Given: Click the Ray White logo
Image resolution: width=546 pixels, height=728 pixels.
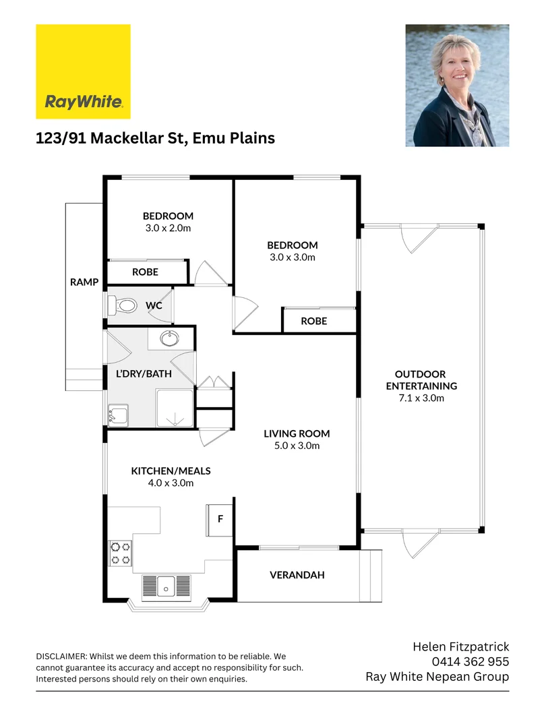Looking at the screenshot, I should click(x=83, y=71).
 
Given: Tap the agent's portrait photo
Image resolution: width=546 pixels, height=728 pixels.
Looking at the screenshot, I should click(x=457, y=86).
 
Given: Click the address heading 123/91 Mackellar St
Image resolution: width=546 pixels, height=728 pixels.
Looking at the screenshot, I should click(x=155, y=138).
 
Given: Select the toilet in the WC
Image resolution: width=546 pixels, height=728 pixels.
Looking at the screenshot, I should click(x=123, y=305).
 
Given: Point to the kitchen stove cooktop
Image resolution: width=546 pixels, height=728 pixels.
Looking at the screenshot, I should click(x=121, y=553).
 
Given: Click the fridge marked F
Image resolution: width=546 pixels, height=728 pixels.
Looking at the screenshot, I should click(x=220, y=520).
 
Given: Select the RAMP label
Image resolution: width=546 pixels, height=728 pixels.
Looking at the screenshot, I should click(x=84, y=282).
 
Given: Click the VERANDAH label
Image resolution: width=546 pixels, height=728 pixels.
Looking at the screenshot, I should click(x=297, y=575).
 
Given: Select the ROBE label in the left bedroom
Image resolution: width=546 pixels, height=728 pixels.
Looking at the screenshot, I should click(x=145, y=272).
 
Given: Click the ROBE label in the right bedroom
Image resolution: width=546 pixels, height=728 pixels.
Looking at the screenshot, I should click(x=313, y=321).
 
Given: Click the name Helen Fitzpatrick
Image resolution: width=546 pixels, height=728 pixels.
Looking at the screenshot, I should click(x=460, y=647).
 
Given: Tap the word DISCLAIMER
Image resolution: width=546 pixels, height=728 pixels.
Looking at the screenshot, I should click(x=61, y=656).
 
